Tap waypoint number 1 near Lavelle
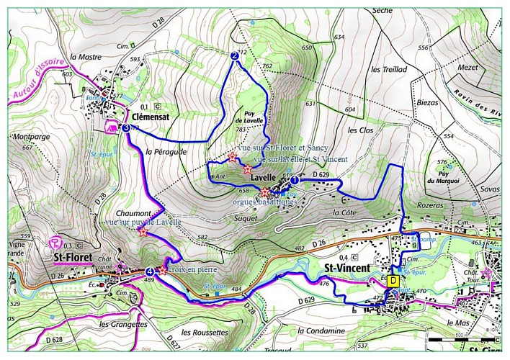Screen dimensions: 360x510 pyautogui.click(x=294, y=183)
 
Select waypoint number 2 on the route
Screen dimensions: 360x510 pyautogui.click(x=234, y=55)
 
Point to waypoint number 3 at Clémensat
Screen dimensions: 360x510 pyautogui.click(x=126, y=127)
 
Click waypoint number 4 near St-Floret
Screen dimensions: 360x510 pyautogui.click(x=149, y=271)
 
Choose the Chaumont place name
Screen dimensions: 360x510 pyautogui.click(x=132, y=214)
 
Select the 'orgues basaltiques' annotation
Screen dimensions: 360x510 pyautogui.click(x=264, y=202)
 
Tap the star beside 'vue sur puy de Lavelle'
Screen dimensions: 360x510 pyautogui.click(x=143, y=232)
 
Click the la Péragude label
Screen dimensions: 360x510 pyautogui.click(x=165, y=152)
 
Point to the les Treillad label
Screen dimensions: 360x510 pyautogui.click(x=389, y=69)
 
